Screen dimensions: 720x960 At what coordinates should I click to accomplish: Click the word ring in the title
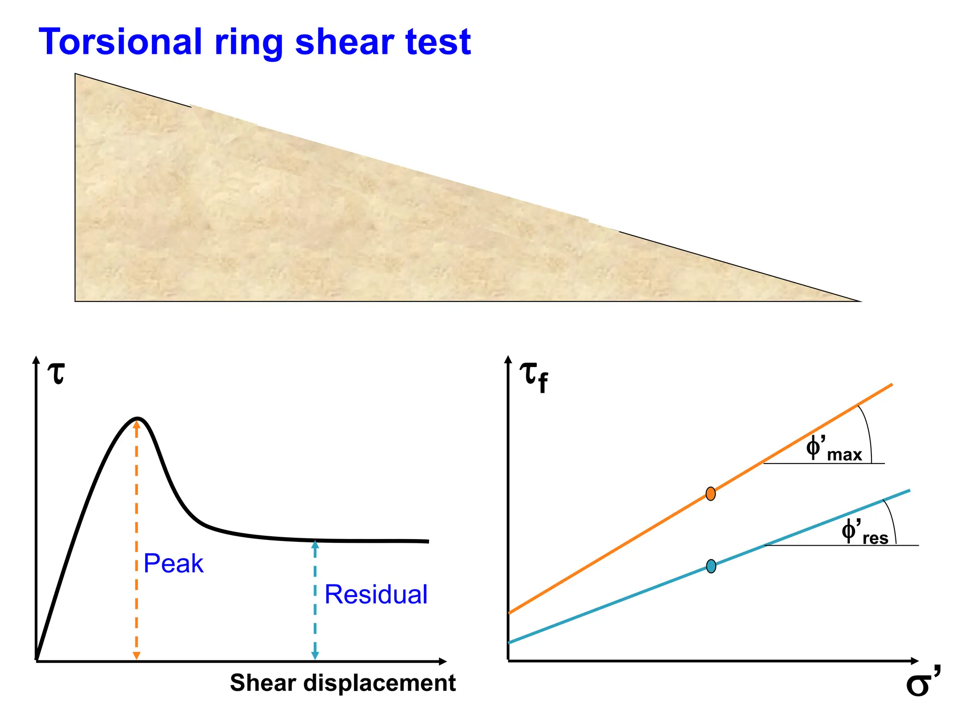tap(249, 43)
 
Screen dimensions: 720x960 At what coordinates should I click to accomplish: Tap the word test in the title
tap(438, 42)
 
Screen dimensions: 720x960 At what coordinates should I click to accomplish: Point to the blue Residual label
tap(376, 594)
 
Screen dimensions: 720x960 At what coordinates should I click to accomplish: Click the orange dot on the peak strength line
tap(711, 494)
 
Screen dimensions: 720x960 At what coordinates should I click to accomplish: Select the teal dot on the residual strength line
tap(711, 566)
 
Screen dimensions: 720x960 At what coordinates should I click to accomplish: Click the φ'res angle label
tap(864, 532)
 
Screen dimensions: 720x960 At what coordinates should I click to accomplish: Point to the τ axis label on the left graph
tap(57, 374)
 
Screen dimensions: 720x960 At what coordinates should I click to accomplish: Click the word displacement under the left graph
tap(379, 683)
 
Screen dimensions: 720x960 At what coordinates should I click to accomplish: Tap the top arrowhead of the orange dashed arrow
tap(136, 424)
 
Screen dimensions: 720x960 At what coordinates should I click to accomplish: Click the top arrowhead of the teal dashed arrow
tap(315, 545)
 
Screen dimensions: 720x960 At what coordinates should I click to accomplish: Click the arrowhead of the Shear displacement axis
tap(442, 661)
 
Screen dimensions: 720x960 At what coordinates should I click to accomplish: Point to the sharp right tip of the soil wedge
tap(860, 301)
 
